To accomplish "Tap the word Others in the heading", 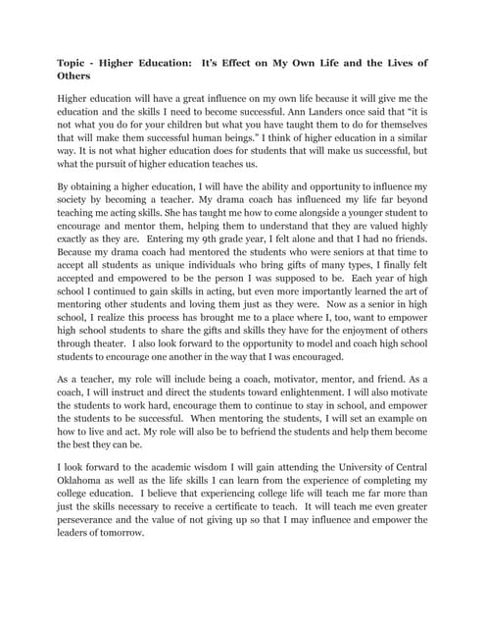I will [x=75, y=76].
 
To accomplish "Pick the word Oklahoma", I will [x=86, y=504].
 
